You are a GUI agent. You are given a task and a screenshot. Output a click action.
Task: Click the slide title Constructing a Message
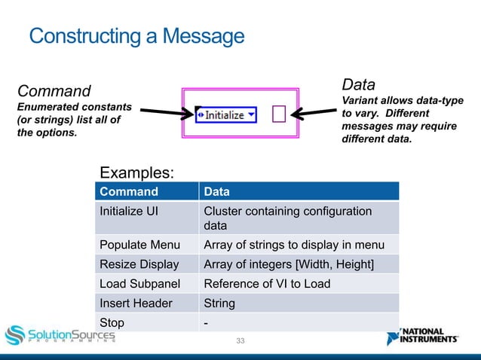tap(136, 35)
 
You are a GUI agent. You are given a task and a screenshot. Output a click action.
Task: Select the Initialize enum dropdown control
tap(226, 114)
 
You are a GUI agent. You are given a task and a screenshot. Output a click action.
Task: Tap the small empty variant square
tap(279, 114)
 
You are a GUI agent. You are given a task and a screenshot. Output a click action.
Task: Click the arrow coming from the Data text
tap(314, 114)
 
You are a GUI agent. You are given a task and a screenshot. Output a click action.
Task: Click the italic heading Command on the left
tap(54, 91)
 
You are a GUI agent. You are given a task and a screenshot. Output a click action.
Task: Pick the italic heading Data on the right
tap(359, 84)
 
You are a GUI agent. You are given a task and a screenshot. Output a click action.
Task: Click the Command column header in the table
tap(129, 191)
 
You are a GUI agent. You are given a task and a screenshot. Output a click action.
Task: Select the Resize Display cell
tap(139, 264)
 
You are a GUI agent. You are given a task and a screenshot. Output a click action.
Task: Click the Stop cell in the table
tap(112, 323)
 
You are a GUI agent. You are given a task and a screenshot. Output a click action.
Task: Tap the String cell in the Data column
tap(219, 304)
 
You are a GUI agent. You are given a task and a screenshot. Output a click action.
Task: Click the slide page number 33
tap(240, 342)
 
